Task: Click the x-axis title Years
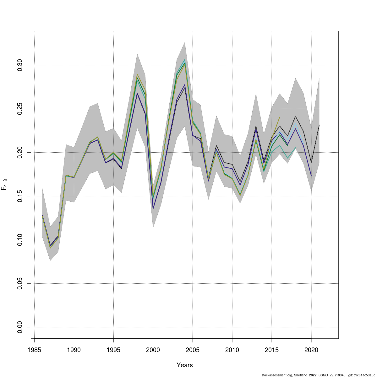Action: coord(185,365)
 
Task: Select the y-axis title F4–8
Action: coord(4,185)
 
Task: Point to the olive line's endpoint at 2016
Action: coord(280,117)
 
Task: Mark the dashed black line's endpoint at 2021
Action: coord(319,125)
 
